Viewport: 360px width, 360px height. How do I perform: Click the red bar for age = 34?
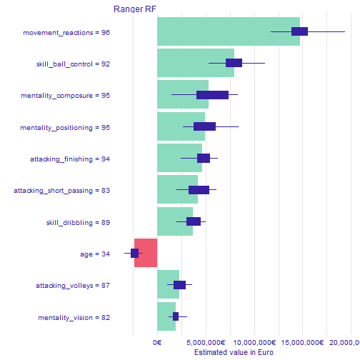(x=146, y=253)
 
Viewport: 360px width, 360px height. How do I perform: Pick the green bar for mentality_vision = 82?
(x=166, y=316)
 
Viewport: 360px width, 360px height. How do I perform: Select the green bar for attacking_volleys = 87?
(x=168, y=285)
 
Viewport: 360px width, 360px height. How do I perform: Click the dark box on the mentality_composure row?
(x=212, y=95)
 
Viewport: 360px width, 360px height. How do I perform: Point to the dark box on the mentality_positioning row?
(x=204, y=126)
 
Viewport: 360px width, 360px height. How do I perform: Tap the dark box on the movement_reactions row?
(x=299, y=31)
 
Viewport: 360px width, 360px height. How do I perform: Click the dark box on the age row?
(x=134, y=253)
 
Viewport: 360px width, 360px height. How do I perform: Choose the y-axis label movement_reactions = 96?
(x=66, y=32)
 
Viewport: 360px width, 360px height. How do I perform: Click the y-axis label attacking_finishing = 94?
(x=69, y=159)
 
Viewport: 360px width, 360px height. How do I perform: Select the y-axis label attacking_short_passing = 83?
(x=62, y=191)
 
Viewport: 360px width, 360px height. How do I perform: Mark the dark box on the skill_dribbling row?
(x=194, y=221)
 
